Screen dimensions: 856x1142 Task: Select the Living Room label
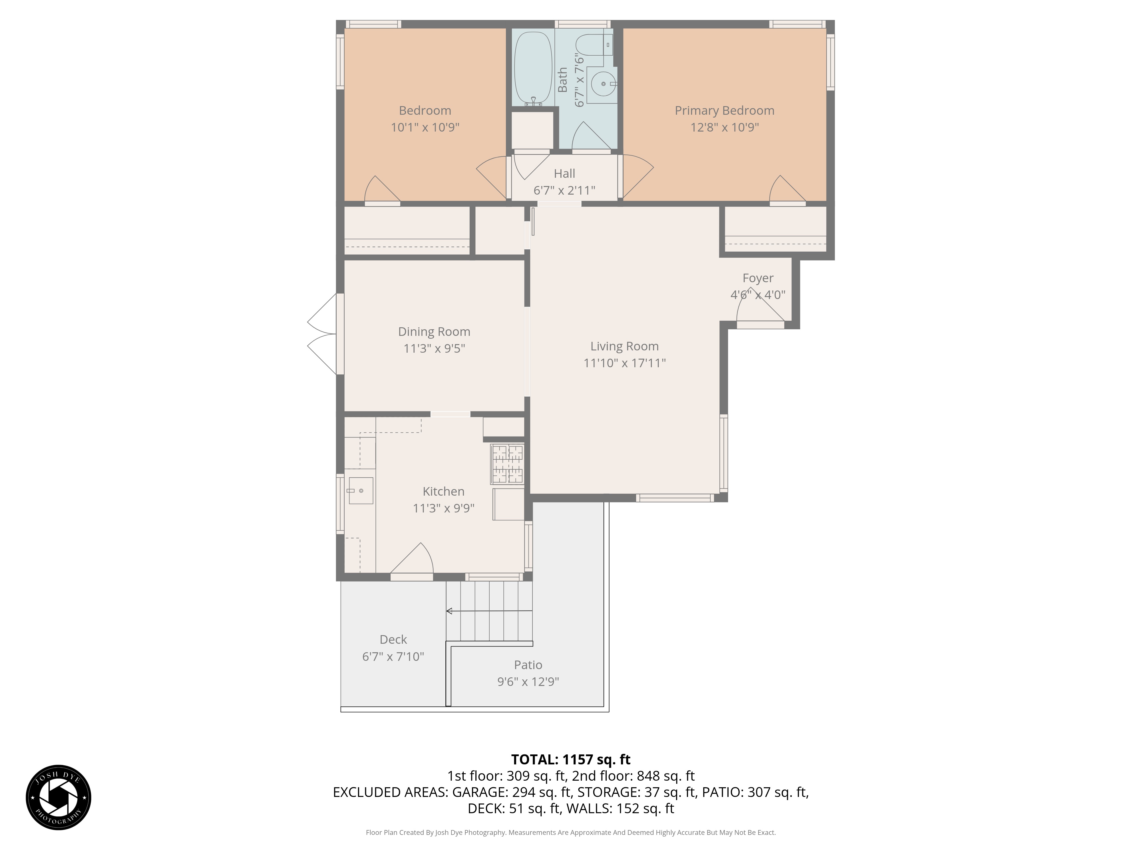[624, 346]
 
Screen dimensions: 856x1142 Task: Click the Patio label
[528, 665]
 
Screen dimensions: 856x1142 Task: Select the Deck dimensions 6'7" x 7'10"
[393, 656]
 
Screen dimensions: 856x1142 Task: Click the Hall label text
[564, 173]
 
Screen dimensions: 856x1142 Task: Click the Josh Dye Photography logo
[58, 797]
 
